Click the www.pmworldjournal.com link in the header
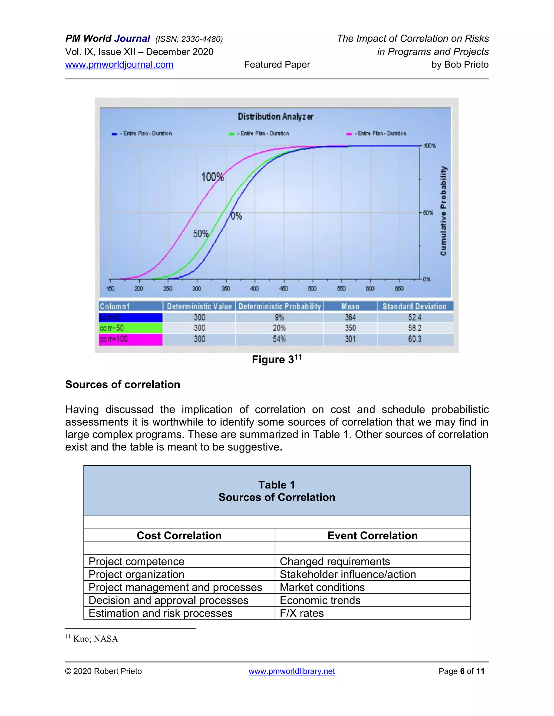pos(119,65)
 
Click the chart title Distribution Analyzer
pos(275,117)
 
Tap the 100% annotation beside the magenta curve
pos(212,177)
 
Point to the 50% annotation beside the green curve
pos(200,234)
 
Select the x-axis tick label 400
pos(254,289)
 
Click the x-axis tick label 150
pos(110,289)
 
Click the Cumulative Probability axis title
pos(443,211)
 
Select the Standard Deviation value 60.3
pos(414,339)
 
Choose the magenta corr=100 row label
pos(130,339)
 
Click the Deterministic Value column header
pos(199,307)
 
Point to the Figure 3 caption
pos(276,360)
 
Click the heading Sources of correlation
pos(123,384)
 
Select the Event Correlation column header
pos(372,536)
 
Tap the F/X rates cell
pos(302,613)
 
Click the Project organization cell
pos(136,574)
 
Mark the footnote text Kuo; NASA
pos(95,639)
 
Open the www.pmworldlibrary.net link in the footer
pos(291,671)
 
